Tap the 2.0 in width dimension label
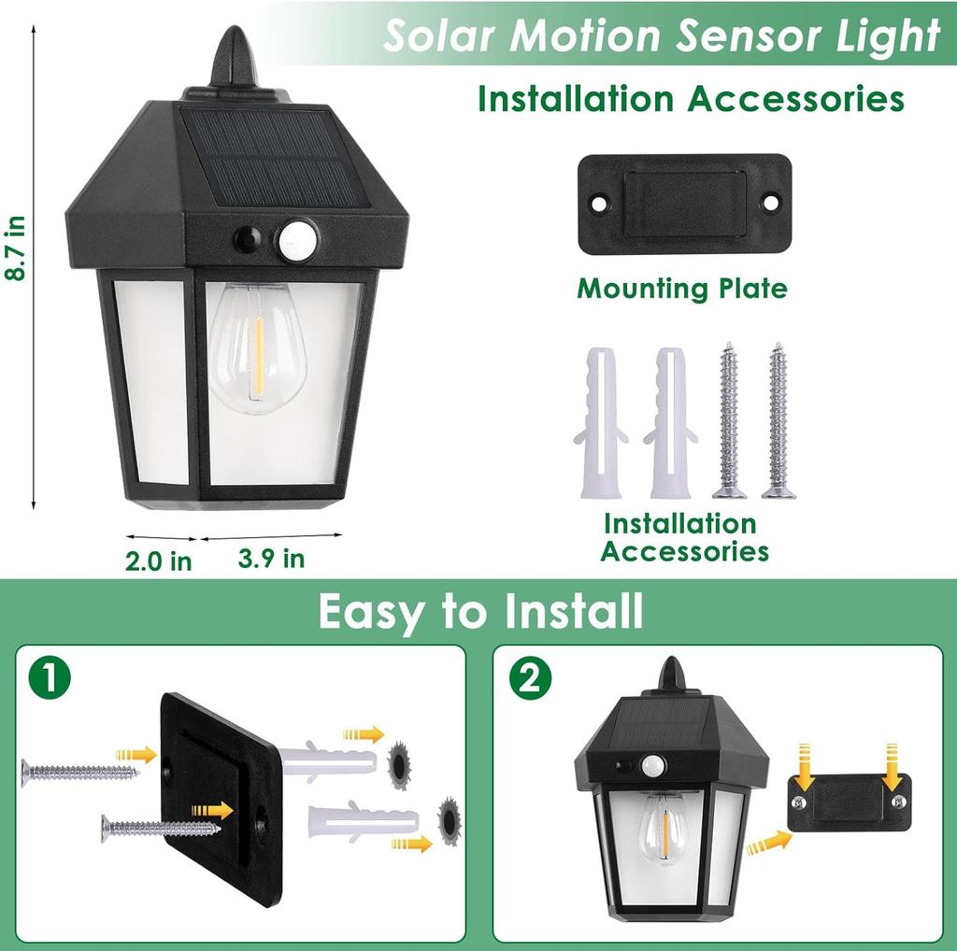point(159,561)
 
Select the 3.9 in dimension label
point(271,559)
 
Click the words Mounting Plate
point(682,288)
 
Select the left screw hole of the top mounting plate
point(599,203)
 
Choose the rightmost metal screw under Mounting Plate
point(777,420)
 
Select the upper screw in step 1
point(79,772)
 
